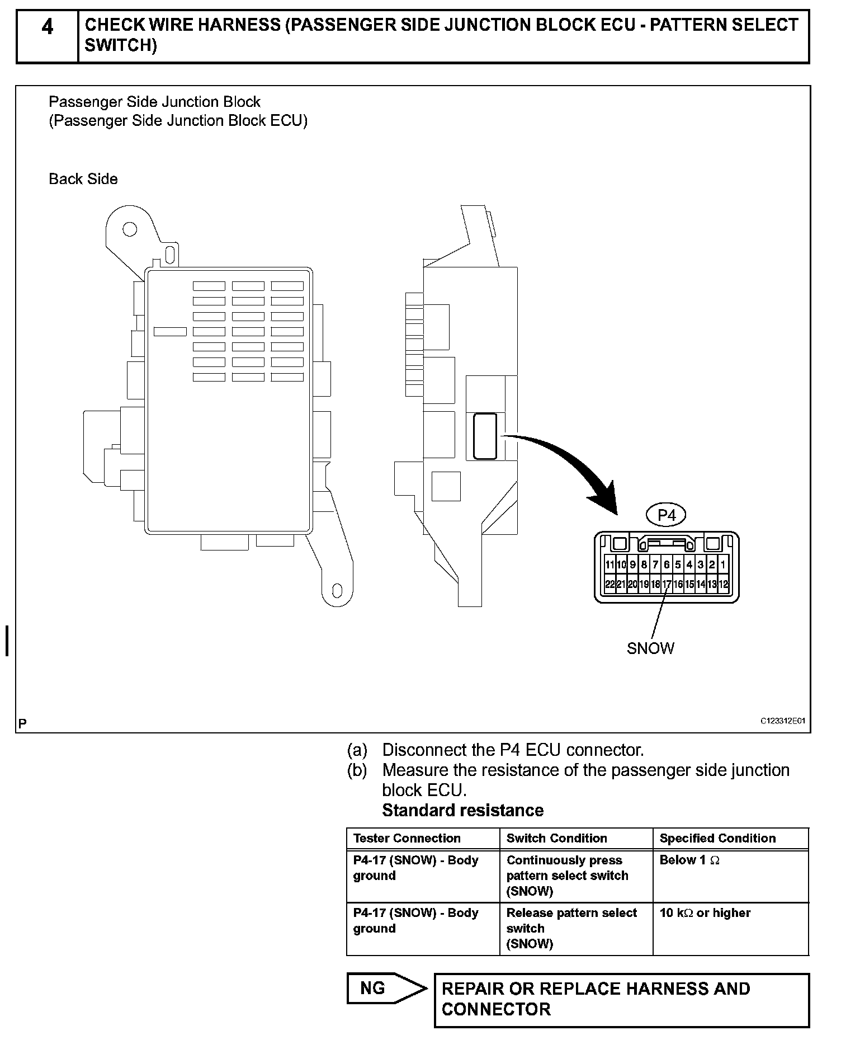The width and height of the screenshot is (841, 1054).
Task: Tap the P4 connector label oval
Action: [667, 515]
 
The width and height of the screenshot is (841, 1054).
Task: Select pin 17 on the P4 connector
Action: [667, 584]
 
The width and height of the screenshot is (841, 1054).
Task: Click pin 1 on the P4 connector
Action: [723, 565]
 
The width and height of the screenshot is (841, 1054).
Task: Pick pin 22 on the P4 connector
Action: [610, 584]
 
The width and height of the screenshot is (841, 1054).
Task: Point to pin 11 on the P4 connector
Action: [610, 565]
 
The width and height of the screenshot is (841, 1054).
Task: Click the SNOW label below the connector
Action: [650, 648]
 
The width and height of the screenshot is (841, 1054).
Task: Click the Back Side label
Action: [83, 179]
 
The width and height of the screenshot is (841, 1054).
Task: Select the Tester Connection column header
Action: [407, 838]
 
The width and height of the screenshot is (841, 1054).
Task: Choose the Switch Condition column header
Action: [556, 838]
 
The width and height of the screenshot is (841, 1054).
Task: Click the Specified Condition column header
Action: [717, 838]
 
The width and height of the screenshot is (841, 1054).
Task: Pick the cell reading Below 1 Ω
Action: [689, 860]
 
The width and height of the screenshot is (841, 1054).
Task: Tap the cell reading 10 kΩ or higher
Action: [705, 913]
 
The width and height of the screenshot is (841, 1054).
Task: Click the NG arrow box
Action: [386, 989]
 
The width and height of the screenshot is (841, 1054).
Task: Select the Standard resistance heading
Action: [462, 810]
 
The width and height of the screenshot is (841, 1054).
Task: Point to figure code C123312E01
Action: [782, 721]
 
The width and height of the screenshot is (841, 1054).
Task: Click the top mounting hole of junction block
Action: [130, 229]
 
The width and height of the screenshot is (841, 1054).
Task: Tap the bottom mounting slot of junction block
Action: [337, 591]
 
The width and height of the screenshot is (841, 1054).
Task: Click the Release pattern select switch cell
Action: [571, 928]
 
